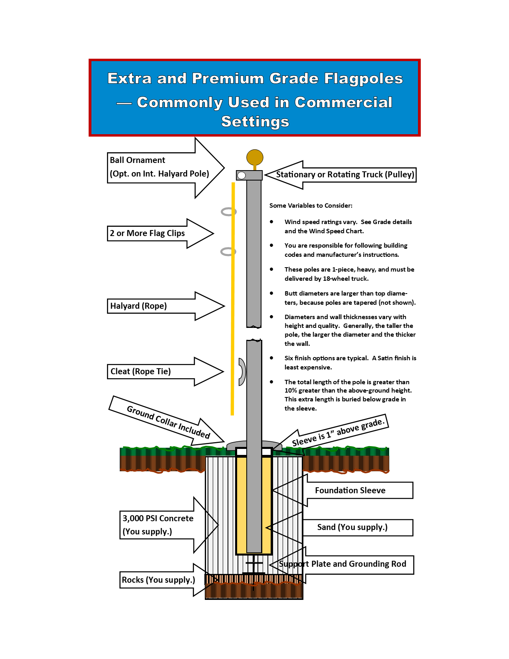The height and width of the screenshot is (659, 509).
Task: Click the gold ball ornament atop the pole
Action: pos(254,157)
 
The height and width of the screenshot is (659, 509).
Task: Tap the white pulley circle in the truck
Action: pos(241,175)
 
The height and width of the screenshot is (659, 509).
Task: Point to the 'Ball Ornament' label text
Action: pos(137,160)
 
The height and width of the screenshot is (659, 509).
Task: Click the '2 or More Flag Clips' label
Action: pos(147,233)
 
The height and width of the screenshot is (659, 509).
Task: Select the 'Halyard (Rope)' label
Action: pos(139,306)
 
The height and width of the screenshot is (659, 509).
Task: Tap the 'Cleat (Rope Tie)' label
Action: pos(141,371)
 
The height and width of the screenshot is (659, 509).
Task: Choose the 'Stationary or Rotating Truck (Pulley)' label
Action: pos(345,175)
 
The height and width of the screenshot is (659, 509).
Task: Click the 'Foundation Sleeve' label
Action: pos(350,490)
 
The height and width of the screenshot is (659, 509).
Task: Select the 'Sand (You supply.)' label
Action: pos(352,527)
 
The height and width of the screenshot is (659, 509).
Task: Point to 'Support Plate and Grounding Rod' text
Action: pos(342,564)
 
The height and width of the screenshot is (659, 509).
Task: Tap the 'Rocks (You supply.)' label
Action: pos(158,580)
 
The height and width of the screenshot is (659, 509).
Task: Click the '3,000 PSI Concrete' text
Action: pos(158,518)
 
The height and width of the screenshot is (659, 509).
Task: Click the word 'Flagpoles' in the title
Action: pos(363,79)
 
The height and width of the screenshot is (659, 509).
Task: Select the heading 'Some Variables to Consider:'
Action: pos(311,206)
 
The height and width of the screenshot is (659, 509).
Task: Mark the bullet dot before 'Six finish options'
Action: pos(271,358)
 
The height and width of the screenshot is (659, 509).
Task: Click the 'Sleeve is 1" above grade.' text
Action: pos(338,432)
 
